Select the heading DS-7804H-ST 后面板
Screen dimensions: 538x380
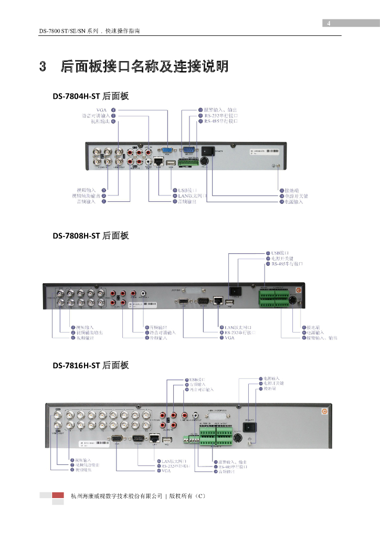(90, 96)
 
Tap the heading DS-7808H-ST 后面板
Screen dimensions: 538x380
(90, 236)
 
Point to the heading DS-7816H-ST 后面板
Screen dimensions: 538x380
(90, 365)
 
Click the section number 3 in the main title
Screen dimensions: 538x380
(44, 67)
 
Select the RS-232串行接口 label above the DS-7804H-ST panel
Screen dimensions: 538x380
(221, 115)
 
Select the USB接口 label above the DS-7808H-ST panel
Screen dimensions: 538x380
(280, 253)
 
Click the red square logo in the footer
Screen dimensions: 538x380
(58, 495)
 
